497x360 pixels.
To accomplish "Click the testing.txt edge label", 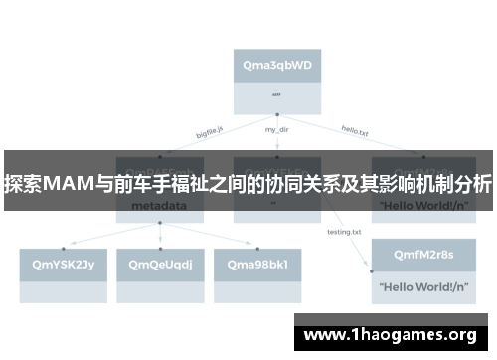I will click(344, 232).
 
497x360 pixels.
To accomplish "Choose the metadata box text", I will click(159, 208).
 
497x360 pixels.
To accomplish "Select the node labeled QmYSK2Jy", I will click(57, 264).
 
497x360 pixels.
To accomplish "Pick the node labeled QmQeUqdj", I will click(160, 264).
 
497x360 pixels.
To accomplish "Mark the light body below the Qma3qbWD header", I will click(276, 96).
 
